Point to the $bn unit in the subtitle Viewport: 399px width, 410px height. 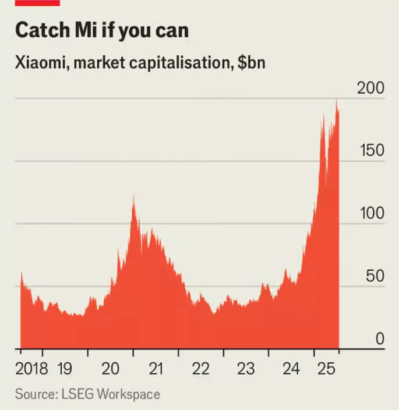point(251,62)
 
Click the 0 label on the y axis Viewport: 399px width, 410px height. point(379,338)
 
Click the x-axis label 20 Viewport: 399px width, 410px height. point(111,369)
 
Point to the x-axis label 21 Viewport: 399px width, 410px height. point(156,369)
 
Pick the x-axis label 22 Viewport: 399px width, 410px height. point(201,369)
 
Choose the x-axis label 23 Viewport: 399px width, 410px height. point(246,369)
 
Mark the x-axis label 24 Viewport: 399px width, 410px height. point(291,369)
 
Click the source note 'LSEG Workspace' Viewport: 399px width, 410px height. point(109,394)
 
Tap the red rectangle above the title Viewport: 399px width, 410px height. point(37,3)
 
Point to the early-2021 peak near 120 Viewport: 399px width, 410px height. point(133,198)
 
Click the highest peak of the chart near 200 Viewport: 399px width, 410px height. point(337,101)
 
